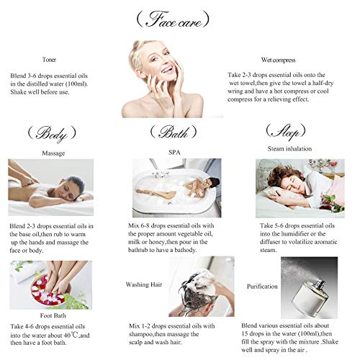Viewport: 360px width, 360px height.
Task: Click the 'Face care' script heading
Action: [x=173, y=19]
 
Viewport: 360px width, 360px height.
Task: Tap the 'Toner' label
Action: [x=49, y=60]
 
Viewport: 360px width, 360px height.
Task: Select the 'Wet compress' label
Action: [x=278, y=60]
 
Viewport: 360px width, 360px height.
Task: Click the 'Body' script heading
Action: [x=52, y=134]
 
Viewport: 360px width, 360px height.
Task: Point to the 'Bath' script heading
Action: [x=174, y=132]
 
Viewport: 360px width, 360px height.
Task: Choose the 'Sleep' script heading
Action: [x=286, y=132]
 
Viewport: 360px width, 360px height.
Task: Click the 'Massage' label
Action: [x=53, y=153]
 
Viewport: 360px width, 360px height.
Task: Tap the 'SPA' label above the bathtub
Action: [x=174, y=152]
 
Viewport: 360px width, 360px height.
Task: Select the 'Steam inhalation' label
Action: [x=289, y=148]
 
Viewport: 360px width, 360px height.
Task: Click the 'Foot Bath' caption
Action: [x=53, y=315]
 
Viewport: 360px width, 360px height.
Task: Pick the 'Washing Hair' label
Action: [x=144, y=284]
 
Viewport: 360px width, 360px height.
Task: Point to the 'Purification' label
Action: [x=262, y=287]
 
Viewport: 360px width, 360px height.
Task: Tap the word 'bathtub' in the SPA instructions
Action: [x=138, y=250]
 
